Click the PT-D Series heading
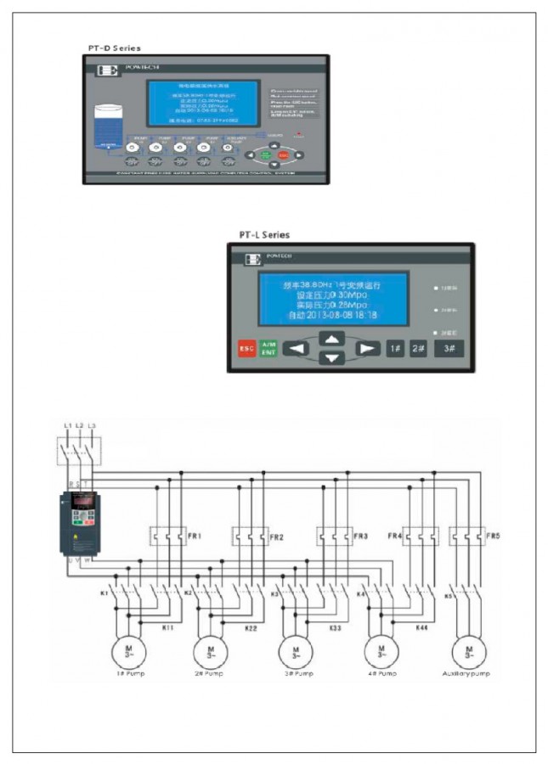(115, 48)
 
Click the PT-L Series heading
(263, 234)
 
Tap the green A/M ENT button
(268, 348)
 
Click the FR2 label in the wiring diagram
(276, 537)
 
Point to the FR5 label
(493, 536)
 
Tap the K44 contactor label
(421, 627)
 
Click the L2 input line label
(79, 424)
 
